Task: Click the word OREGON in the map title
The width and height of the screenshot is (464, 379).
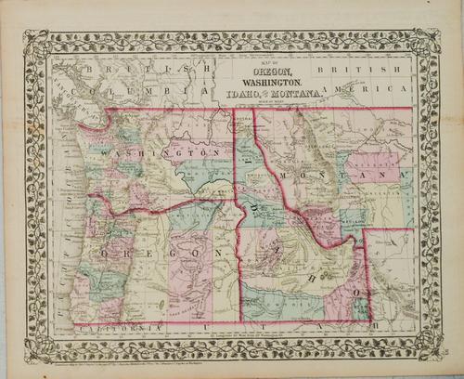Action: tap(267, 73)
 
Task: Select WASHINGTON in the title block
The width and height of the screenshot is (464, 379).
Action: tap(267, 84)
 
